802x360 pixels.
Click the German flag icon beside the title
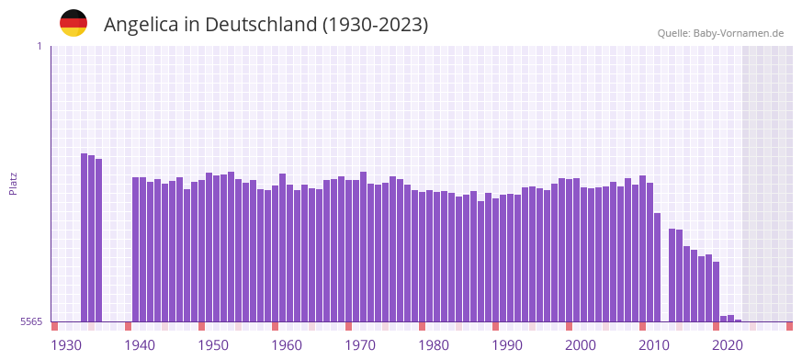click(73, 23)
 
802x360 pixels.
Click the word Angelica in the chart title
click(139, 25)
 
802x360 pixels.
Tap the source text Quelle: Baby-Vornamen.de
click(720, 33)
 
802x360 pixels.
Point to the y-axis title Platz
click(13, 184)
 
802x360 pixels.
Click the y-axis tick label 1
click(39, 46)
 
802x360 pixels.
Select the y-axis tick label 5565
click(29, 321)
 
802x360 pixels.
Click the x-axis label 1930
click(66, 345)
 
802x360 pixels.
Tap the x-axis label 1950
click(213, 345)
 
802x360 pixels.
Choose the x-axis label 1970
click(360, 345)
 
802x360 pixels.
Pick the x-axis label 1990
click(507, 345)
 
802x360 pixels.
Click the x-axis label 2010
click(654, 345)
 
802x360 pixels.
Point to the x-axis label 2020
click(728, 345)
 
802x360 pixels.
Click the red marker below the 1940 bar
click(129, 326)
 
